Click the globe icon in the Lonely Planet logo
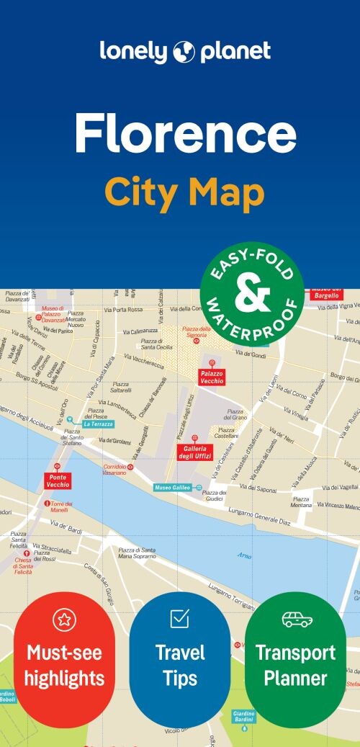coord(184,51)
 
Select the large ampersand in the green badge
coord(251,294)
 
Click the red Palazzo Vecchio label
coord(212,376)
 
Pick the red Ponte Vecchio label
coord(58,480)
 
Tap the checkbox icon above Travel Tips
coord(180,618)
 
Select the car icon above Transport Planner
coord(295,618)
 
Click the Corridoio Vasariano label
coord(113,470)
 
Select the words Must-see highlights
coord(65,665)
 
